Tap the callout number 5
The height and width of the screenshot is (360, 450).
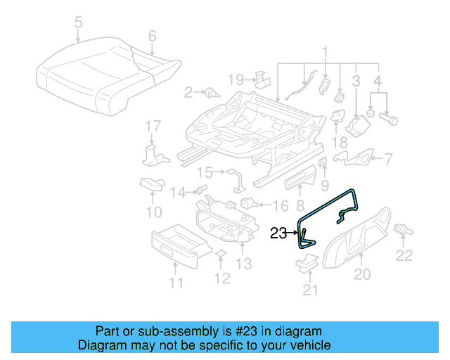[x=78, y=22]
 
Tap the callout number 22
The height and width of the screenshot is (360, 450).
[x=404, y=255]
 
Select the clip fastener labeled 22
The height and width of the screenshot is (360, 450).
[x=403, y=229]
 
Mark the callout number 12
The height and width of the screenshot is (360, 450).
[x=221, y=278]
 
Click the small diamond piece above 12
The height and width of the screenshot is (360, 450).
[x=220, y=254]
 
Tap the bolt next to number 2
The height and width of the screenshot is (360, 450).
[x=210, y=92]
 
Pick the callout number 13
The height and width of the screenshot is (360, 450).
[x=243, y=264]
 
